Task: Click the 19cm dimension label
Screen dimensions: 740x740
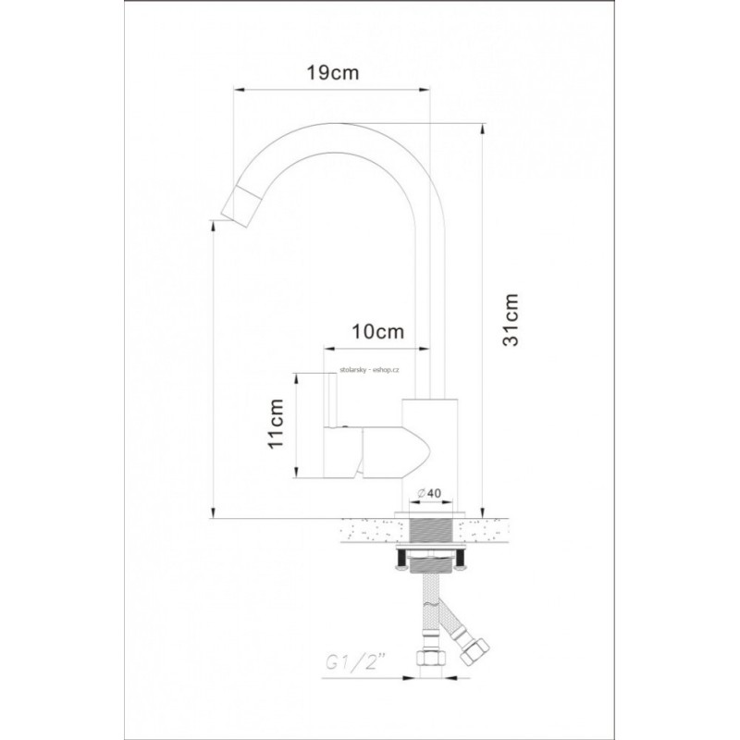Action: pos(333,73)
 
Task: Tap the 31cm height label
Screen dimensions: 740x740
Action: pos(511,319)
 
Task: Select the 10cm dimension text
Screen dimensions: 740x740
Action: pos(378,331)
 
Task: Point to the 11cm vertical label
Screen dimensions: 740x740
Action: pos(275,424)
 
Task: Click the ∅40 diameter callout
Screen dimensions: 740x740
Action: pos(429,493)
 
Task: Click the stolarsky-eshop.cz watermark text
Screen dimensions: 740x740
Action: pos(369,371)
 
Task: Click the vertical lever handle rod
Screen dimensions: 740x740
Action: pos(332,400)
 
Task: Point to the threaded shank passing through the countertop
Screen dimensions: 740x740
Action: pos(431,530)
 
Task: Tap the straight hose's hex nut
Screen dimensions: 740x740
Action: pos(429,658)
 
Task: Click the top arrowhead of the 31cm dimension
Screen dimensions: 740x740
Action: pos(482,129)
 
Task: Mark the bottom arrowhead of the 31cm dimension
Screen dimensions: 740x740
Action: pos(482,512)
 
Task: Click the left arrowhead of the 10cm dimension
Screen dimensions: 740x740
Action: pos(329,349)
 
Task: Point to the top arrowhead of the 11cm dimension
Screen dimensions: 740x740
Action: pos(296,378)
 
